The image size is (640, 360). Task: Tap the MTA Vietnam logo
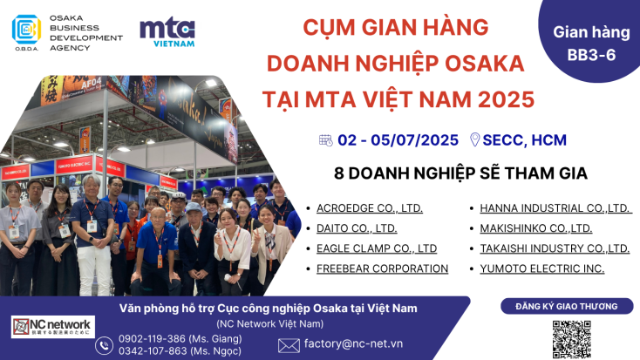(167, 31)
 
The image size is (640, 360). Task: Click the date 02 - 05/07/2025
(398, 139)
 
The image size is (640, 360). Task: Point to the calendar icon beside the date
(326, 139)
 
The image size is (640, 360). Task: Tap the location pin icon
(475, 139)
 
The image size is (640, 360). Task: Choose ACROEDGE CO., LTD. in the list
(370, 208)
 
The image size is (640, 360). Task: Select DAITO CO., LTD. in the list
(357, 228)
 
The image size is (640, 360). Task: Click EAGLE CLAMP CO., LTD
(377, 248)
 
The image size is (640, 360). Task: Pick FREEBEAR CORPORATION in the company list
(383, 268)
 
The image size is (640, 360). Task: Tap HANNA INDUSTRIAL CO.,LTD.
(555, 208)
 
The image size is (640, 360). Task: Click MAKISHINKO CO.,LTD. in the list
(536, 228)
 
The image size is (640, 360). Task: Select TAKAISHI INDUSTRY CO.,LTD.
(555, 248)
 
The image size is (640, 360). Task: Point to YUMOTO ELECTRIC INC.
(542, 268)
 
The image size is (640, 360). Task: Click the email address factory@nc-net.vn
(365, 344)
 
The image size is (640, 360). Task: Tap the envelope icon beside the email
(289, 345)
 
